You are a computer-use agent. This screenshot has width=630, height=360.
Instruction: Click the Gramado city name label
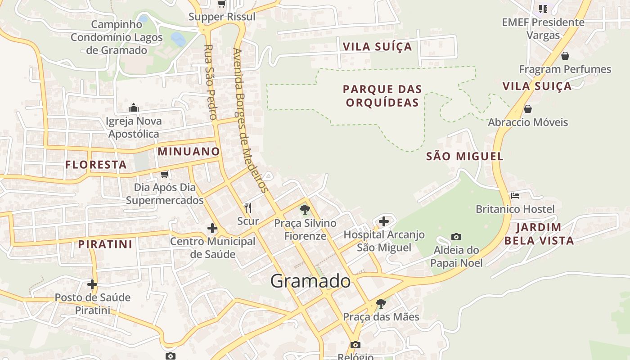pos(310,281)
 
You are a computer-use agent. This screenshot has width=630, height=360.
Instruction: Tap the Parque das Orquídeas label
pos(382,95)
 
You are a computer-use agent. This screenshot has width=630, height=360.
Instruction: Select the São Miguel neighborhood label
pos(464,157)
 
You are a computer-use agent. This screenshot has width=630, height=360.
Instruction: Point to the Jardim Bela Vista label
pos(539,234)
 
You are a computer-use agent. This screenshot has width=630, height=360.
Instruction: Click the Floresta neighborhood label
pos(96,165)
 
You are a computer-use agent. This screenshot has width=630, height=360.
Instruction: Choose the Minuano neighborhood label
pos(189,152)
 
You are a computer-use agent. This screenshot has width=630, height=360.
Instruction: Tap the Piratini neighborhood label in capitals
pos(105,244)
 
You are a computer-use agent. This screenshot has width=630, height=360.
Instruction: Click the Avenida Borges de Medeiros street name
pos(250,119)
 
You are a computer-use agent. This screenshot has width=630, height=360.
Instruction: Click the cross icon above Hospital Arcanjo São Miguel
pos(383,221)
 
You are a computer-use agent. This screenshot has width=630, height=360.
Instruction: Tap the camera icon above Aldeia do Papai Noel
pos(456,237)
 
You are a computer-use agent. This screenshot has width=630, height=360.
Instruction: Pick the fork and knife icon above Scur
pos(247,207)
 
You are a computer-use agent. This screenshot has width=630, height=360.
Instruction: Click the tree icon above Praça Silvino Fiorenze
pos(305,209)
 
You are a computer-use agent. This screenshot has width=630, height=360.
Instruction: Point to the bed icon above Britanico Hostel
pos(515,196)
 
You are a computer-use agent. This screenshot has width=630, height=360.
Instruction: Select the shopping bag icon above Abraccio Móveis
pos(528,109)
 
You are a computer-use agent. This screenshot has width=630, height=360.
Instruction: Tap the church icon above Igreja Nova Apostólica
pos(133,108)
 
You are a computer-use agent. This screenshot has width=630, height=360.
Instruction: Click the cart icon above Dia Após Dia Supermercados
pos(164,174)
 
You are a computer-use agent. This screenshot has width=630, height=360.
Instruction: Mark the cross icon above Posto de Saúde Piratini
pos(92,284)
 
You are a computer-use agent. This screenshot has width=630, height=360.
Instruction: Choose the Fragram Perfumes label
pos(565,69)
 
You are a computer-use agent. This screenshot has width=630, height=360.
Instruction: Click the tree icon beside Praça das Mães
pos(381,303)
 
